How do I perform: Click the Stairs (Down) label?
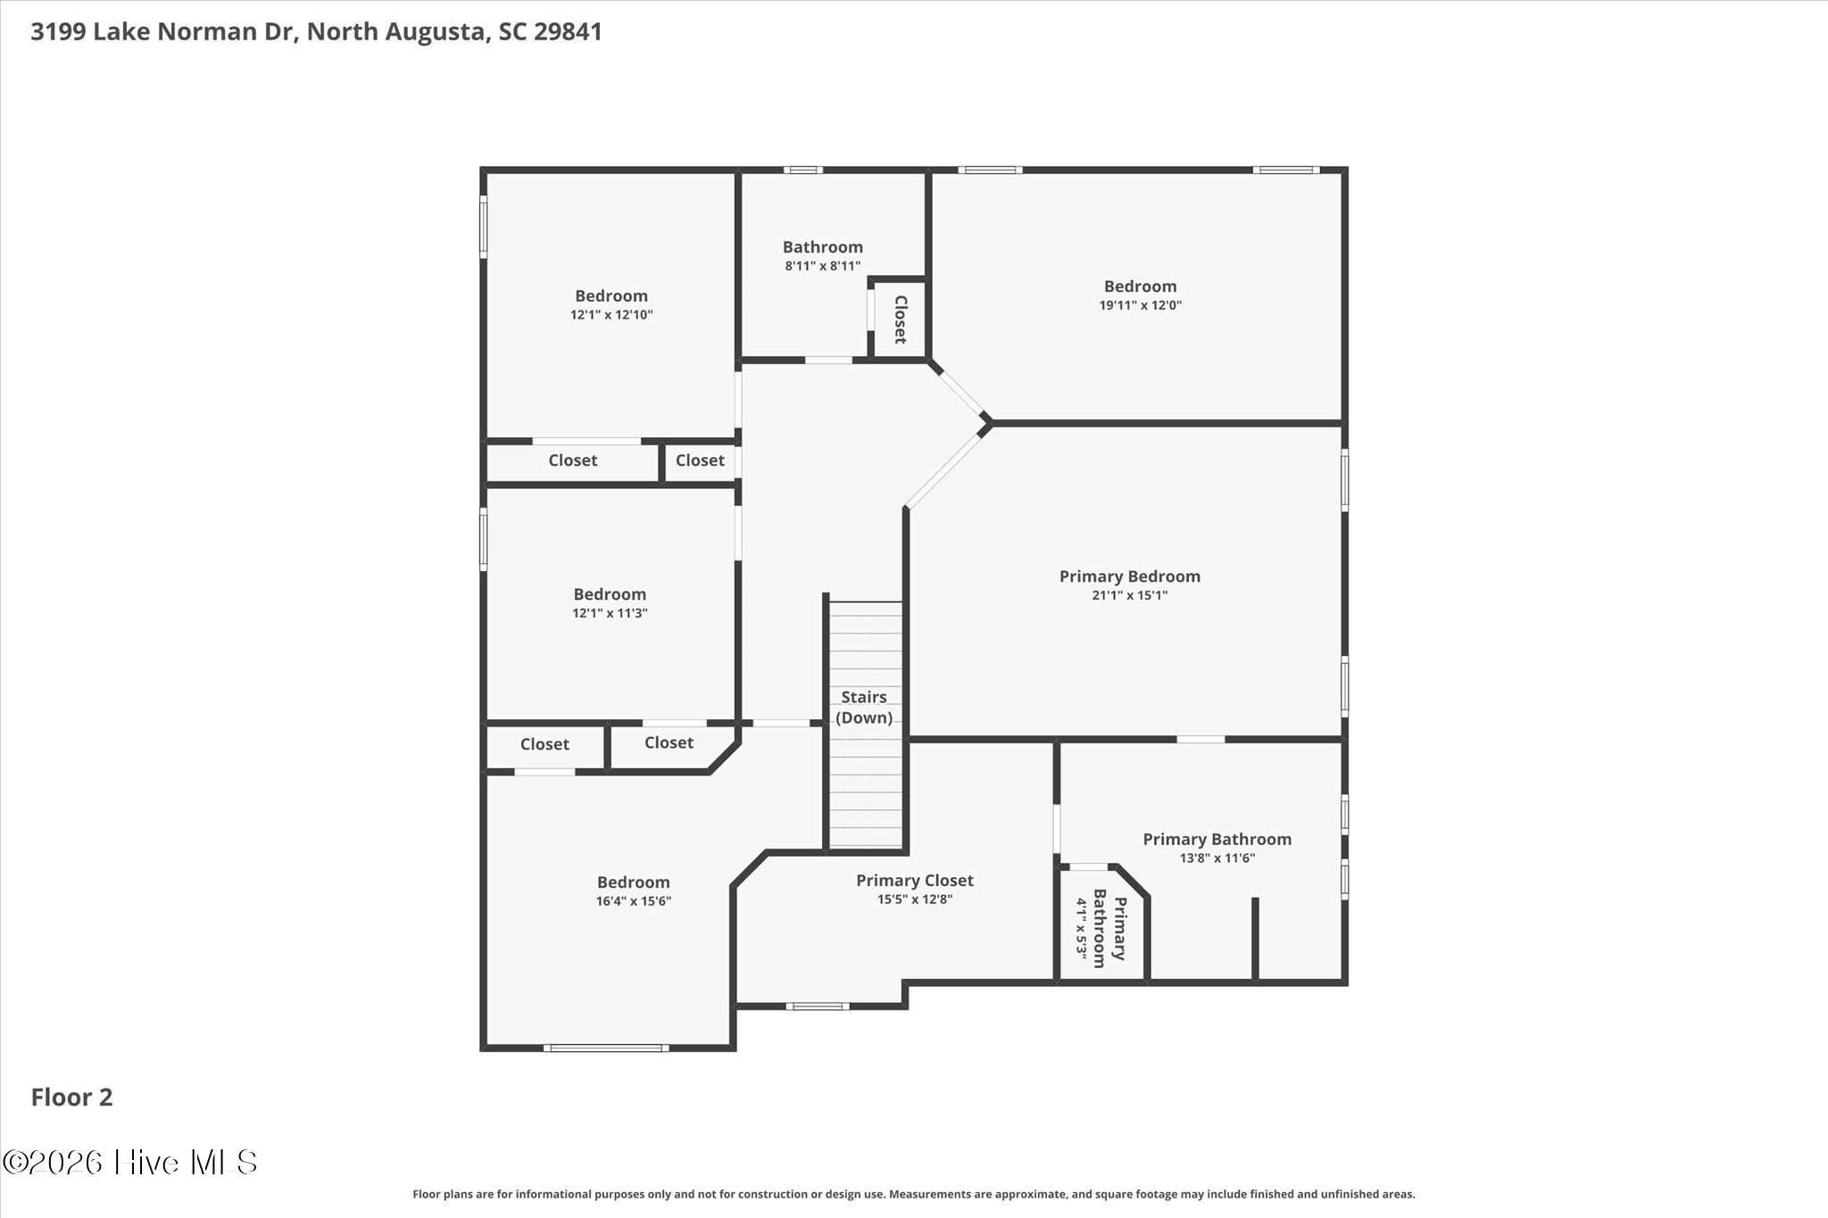coord(864,707)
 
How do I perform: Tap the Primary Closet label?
coord(915,881)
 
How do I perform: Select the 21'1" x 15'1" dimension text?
coord(1129,595)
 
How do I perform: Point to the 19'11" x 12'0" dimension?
coord(1140,305)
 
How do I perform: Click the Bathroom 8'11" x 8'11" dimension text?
coord(823,266)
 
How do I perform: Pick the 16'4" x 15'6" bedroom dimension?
coord(634,901)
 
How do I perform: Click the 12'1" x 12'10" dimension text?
coord(611,315)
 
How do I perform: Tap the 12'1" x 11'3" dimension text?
coord(610,613)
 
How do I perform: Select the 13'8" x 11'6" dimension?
coord(1217,858)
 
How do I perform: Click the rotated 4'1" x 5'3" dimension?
coord(1082,928)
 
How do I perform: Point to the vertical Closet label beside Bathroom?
coord(901,319)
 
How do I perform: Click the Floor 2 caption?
coord(72,1098)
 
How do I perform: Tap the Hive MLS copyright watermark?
coord(130,1162)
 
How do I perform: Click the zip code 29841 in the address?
coord(568,32)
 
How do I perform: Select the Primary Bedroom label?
coord(1129,576)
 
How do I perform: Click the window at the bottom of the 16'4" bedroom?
coord(606,1048)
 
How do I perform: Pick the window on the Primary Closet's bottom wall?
coord(818,1007)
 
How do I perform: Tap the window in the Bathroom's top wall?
coord(803,170)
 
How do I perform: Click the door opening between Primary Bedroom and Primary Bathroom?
coord(1201,739)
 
